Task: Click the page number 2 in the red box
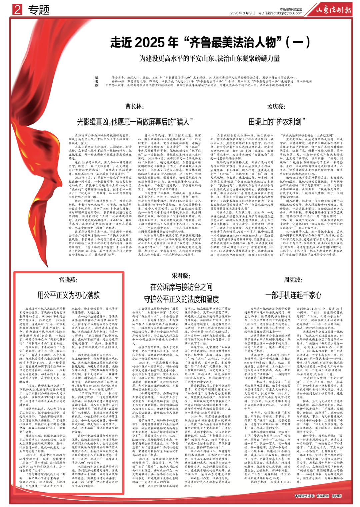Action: point(17,10)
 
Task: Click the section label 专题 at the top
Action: point(39,10)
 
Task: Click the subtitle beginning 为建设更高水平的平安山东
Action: point(209,59)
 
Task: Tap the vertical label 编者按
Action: point(97,81)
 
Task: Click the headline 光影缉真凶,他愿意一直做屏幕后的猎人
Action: point(135,122)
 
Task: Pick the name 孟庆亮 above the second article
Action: point(276,106)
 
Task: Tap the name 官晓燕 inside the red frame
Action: point(68,280)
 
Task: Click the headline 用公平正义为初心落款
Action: point(68,295)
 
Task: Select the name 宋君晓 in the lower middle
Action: point(181,276)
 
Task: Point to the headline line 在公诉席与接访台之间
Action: point(181,287)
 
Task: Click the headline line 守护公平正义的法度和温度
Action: point(181,299)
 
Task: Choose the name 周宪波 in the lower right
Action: point(293,280)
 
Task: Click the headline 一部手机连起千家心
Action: point(293,295)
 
